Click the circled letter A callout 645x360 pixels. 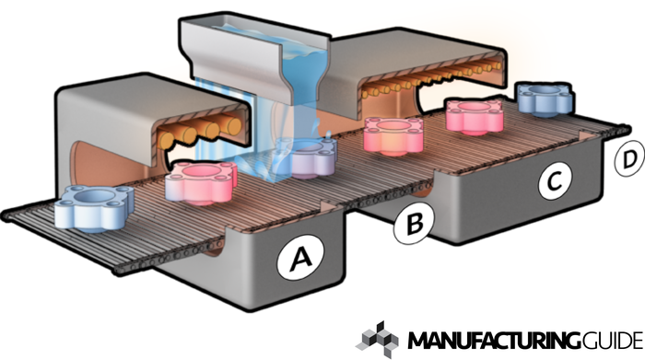coord(300,258)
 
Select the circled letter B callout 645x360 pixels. coord(414,224)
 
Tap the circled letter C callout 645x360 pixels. coord(555,180)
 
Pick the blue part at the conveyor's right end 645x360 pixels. coord(545,99)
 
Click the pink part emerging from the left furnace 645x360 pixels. coord(201,182)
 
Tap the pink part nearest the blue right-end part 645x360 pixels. coord(475,115)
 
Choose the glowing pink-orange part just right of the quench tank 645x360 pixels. coord(393,136)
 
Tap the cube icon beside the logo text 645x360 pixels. coord(379,340)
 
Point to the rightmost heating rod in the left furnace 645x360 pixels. coord(231,126)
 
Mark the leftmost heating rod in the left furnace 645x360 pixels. coord(166,140)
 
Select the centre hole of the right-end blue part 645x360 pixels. coord(545,90)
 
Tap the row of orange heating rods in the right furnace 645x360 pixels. coord(432,79)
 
